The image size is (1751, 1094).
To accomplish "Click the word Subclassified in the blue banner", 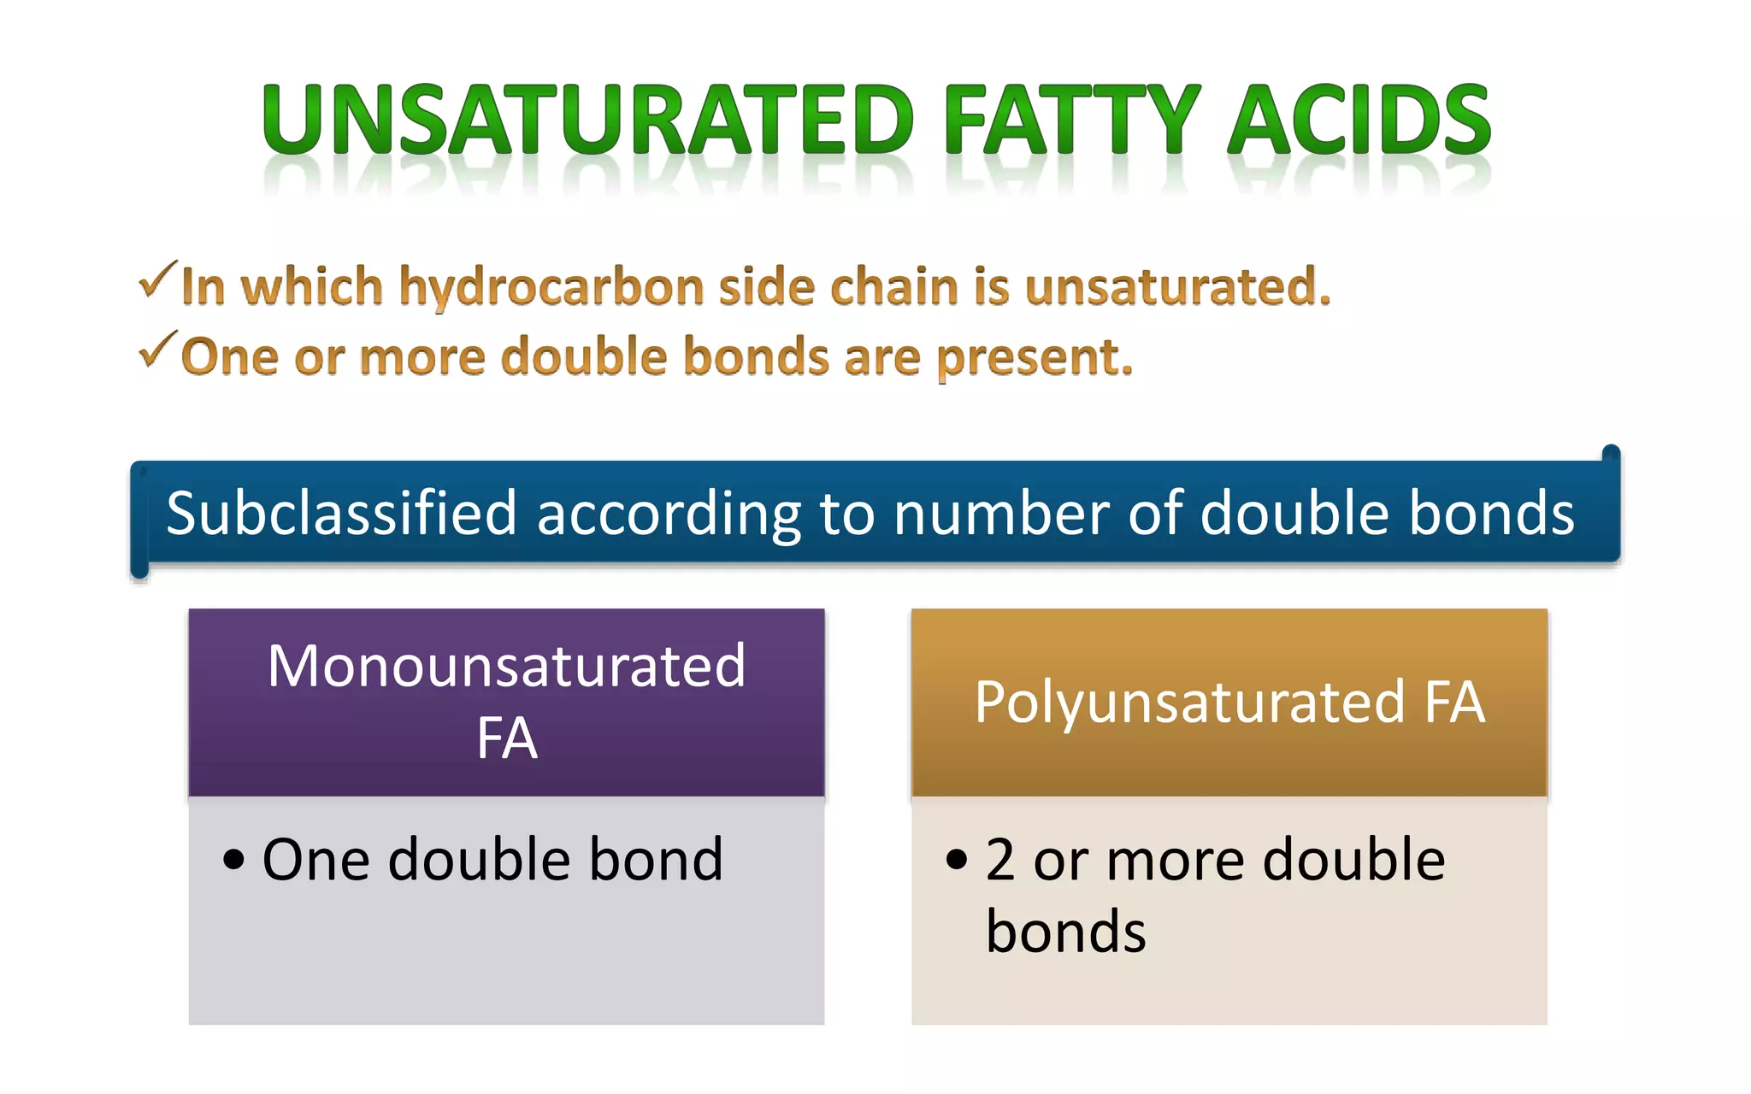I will tap(341, 513).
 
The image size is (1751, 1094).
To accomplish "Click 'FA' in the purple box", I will tap(506, 738).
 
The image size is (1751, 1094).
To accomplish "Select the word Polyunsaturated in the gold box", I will tap(1189, 703).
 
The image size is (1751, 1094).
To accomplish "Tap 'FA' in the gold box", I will tap(1454, 703).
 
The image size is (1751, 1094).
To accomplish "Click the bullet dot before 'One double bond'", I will tap(233, 859).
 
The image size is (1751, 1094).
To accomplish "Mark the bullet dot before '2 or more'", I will tap(957, 859).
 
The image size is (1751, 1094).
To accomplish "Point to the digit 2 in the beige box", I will tap(1000, 859).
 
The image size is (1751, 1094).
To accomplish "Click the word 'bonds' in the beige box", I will tap(1065, 931).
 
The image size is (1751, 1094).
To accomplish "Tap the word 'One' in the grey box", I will tap(315, 859).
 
